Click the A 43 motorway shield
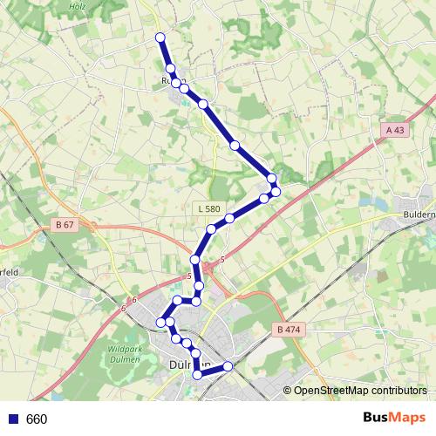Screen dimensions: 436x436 point(395,130)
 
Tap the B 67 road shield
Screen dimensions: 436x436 point(63,225)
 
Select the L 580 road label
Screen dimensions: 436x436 point(208,208)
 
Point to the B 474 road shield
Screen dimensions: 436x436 point(287,330)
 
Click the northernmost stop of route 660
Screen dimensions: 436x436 point(160,37)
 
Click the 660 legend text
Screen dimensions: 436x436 point(37,419)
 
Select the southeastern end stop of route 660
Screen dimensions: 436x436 point(228,366)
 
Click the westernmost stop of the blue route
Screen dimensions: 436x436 point(160,323)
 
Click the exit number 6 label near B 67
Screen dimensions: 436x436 point(135,300)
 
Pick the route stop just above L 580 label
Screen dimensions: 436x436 point(230,218)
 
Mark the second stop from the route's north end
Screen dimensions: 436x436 point(171,68)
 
